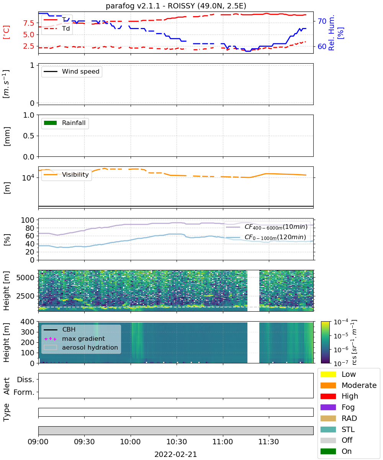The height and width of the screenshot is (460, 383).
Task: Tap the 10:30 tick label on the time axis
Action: [177, 442]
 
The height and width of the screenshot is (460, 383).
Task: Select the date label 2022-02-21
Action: [176, 454]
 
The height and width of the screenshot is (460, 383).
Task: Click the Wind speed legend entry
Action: [72, 71]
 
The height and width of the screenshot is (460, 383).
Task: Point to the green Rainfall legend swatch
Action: [51, 123]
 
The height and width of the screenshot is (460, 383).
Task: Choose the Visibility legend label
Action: [75, 174]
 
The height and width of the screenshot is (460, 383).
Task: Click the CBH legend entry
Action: [59, 329]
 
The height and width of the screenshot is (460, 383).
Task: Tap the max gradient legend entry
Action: [74, 338]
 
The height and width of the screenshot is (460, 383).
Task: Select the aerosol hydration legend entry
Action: [81, 347]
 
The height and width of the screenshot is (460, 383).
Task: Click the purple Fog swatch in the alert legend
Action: [328, 407]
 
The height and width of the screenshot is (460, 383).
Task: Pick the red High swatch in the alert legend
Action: [328, 396]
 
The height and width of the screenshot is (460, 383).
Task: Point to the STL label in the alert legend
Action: [348, 429]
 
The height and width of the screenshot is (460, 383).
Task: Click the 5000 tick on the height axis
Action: [25, 278]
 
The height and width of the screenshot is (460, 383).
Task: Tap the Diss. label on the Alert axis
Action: [26, 379]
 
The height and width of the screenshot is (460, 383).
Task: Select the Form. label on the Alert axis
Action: [24, 393]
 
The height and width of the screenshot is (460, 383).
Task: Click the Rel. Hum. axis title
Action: [331, 33]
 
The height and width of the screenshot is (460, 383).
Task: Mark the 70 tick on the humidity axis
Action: [322, 21]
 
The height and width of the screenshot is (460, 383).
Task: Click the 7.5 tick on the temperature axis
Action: [29, 23]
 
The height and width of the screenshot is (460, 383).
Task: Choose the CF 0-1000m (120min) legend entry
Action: [266, 237]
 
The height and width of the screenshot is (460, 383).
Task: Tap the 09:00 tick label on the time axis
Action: [38, 442]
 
